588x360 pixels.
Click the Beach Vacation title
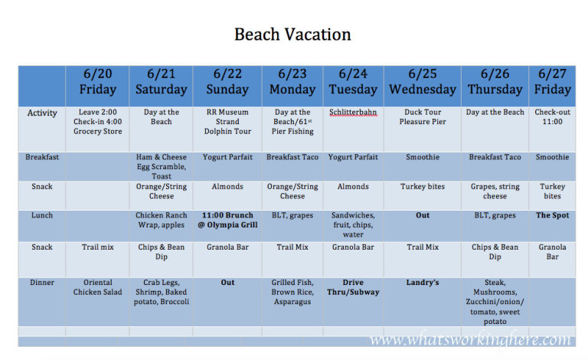pos(292,34)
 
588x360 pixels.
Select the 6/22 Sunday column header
pos(227,82)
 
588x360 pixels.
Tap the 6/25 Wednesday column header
pos(422,82)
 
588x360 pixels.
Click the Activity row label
pos(42,113)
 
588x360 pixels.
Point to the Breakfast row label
pos(42,157)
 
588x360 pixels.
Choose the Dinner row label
pos(42,283)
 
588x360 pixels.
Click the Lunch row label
pos(42,215)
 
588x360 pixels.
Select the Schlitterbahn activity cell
pos(353,113)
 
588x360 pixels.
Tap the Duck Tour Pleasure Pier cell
pos(422,117)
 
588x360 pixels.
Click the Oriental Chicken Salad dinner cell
pos(97,287)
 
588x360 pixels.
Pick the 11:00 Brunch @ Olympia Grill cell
pos(227,220)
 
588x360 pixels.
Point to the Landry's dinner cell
pos(422,283)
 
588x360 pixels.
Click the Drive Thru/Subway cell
pos(353,287)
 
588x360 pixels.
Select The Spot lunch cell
pos(552,215)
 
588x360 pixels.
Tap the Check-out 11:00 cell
pos(552,117)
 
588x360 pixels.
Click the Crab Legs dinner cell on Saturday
pos(161,292)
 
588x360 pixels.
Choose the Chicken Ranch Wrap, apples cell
pos(161,220)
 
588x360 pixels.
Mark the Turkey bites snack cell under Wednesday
pos(422,186)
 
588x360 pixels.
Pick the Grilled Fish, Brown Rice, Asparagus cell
pos(292,292)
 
